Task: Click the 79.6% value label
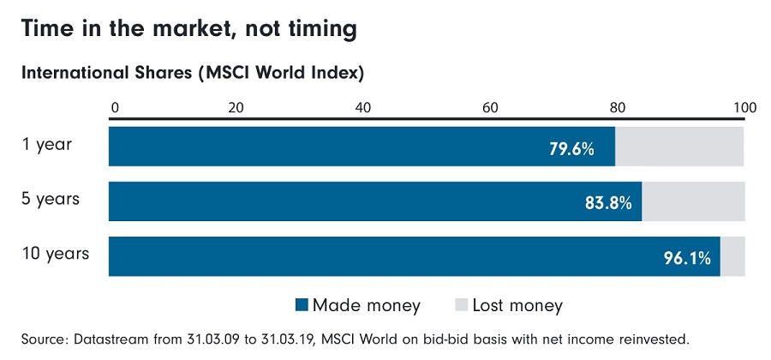(571, 148)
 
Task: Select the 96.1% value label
(688, 257)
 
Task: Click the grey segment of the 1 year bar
(679, 147)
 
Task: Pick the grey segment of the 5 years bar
(693, 201)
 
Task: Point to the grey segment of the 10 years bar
(732, 256)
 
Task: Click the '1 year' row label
(47, 144)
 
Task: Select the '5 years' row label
(51, 199)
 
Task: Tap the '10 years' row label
(55, 254)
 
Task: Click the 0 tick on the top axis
(114, 108)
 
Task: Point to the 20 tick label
(236, 108)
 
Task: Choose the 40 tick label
(363, 108)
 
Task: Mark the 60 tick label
(490, 108)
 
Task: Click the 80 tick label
(617, 108)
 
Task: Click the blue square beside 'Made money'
(301, 305)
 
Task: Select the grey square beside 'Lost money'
(460, 305)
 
